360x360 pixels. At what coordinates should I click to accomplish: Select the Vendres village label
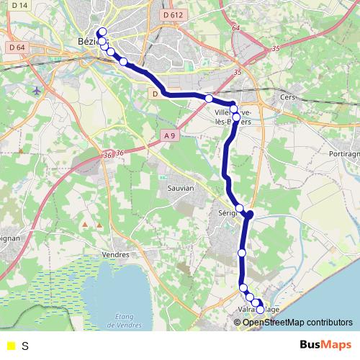[x=115, y=254]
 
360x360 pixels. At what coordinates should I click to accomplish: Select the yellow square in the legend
[x=9, y=346]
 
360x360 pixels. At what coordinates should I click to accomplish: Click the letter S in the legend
[x=25, y=346]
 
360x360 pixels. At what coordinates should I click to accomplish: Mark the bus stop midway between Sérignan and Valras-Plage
[x=242, y=253]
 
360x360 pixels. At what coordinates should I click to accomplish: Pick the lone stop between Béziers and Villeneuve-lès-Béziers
[x=209, y=98]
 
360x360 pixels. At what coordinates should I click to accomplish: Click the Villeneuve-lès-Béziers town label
[x=234, y=117]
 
